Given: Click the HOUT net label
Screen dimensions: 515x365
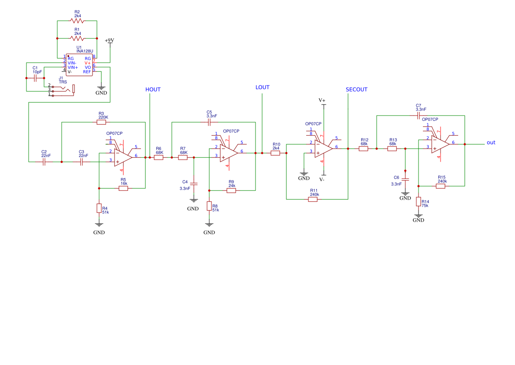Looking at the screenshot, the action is point(153,89).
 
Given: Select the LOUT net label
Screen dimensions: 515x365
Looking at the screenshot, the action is point(263,87).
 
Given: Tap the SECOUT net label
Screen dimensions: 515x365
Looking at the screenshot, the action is point(356,89).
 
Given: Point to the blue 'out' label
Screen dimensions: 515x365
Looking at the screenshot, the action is point(491,142).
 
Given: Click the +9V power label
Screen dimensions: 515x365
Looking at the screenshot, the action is point(109,41).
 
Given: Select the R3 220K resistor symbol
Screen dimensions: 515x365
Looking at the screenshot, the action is point(101,122).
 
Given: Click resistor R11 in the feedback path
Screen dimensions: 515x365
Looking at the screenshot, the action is point(313,199).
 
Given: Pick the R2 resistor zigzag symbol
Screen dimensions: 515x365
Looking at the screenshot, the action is point(77,21).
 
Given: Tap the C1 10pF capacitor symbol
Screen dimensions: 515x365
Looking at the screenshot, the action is point(35,78).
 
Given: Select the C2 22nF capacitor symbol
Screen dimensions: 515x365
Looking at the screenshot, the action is point(44,162).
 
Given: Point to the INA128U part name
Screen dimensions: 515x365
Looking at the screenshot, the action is point(85,51).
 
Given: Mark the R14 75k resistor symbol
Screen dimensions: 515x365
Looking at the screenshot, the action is point(419,202).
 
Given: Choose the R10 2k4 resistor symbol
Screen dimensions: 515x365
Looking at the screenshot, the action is point(275,153).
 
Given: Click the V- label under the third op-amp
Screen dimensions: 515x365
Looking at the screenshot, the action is point(322,180).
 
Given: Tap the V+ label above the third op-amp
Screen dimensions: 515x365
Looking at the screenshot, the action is point(322,100).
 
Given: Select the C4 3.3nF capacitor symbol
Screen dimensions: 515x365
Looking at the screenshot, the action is point(194,184).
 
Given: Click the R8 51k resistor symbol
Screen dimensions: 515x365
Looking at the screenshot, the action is point(209,206).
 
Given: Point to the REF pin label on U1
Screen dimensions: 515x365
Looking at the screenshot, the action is point(87,72).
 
